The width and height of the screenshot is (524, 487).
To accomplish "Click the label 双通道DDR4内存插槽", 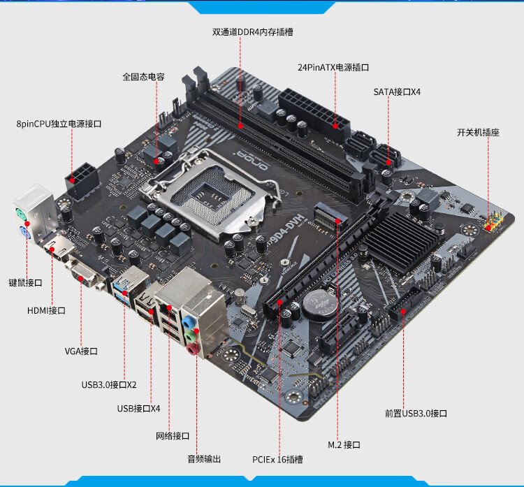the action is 253,31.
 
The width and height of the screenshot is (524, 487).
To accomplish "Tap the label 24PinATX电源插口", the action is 333,67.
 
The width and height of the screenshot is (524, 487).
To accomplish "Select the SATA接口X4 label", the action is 397,92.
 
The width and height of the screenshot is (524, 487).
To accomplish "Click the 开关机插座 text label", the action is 478,132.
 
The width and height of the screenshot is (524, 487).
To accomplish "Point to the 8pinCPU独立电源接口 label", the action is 59,124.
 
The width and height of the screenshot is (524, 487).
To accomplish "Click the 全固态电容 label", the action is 143,77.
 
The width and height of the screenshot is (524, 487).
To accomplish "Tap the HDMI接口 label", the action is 46,310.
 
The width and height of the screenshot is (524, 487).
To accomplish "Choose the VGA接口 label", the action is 81,351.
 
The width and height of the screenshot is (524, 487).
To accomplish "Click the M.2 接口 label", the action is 344,445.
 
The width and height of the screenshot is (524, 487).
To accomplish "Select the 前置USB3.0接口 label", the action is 416,414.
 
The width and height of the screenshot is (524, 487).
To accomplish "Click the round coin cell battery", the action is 320,305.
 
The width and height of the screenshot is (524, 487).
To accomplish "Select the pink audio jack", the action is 191,349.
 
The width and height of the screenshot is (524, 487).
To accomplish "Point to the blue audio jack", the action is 188,322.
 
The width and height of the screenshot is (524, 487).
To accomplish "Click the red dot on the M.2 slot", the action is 338,221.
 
